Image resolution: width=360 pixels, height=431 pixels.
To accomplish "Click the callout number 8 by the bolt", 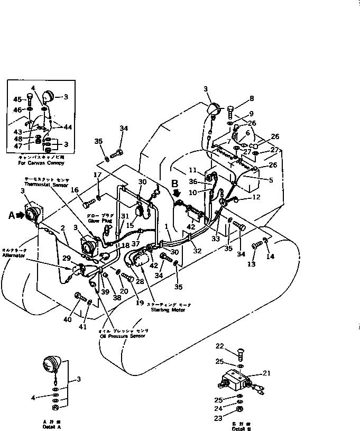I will coord(252,98).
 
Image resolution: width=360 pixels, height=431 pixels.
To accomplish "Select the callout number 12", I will coord(257,198).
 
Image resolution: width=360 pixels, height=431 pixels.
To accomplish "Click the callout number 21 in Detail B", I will coord(267,373).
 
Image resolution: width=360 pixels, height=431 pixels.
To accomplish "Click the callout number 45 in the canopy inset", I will coord(17,99).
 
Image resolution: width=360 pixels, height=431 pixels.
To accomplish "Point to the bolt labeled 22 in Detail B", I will coord(239,350).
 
